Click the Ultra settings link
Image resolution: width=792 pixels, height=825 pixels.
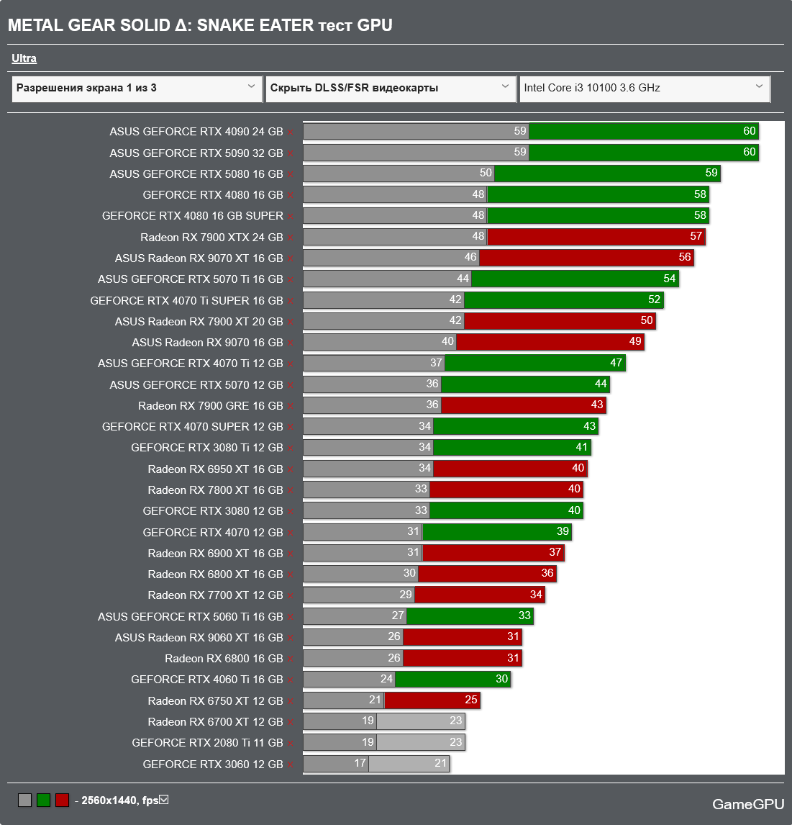(x=24, y=58)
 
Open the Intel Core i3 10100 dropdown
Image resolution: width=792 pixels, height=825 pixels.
(x=644, y=88)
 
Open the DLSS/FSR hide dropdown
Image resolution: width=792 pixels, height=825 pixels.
(x=390, y=88)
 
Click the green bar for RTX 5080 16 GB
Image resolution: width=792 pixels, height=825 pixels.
(x=606, y=173)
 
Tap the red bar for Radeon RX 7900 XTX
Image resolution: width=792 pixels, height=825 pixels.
(x=596, y=237)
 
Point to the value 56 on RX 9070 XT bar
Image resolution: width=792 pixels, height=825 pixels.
(x=684, y=257)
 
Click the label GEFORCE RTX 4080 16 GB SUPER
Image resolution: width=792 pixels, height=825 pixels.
(x=193, y=216)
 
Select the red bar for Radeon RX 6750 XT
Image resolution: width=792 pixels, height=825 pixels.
(x=432, y=700)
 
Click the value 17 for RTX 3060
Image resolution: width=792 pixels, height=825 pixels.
(x=360, y=763)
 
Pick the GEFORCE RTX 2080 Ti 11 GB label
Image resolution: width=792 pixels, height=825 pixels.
(x=207, y=743)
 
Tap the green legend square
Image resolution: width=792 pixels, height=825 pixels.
(x=44, y=800)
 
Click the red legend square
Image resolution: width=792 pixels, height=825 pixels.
(x=63, y=800)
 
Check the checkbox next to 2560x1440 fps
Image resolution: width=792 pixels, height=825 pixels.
(x=164, y=800)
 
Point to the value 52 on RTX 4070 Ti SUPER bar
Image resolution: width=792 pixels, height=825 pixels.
(x=654, y=299)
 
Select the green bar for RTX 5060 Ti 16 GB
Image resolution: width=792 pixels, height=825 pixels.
(x=470, y=616)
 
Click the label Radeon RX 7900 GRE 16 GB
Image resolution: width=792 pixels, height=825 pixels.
(x=210, y=406)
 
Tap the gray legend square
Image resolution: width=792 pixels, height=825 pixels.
(x=25, y=800)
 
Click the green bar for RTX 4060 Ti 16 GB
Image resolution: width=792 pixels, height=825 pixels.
(x=452, y=679)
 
